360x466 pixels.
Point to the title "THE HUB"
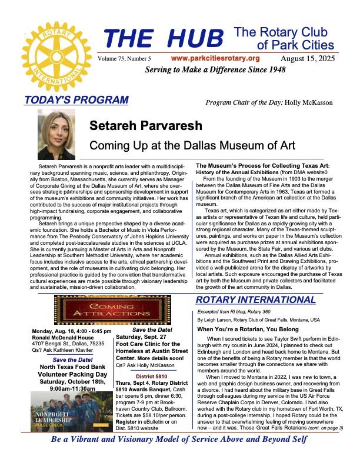(165, 39)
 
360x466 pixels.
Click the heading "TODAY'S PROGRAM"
(76, 99)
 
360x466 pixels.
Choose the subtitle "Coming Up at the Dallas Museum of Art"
(175, 145)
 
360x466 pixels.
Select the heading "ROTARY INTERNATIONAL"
(256, 301)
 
